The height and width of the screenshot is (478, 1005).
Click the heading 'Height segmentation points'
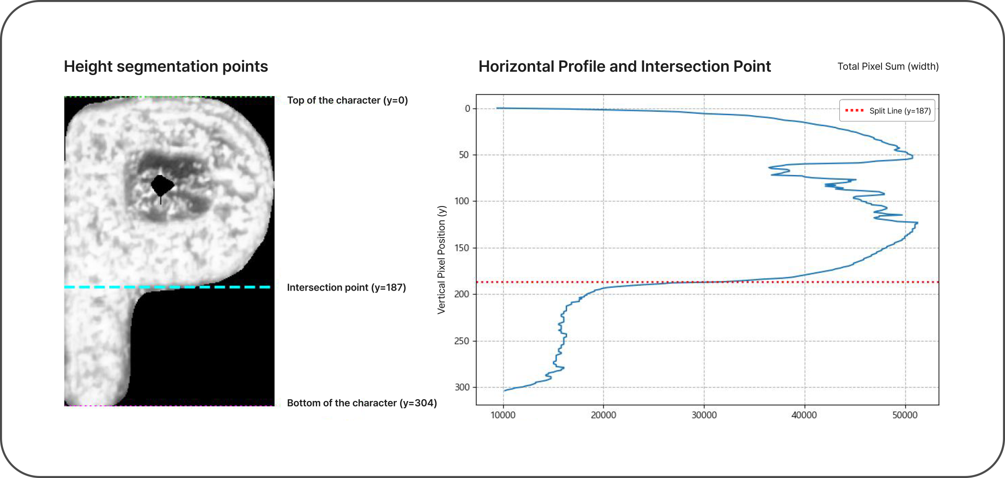click(x=166, y=66)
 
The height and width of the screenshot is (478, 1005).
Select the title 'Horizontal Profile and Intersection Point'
click(x=625, y=66)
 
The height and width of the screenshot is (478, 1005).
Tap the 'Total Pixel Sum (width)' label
click(x=888, y=66)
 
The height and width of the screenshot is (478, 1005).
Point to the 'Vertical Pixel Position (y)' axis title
click(x=441, y=260)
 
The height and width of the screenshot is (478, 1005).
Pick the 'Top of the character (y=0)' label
click(x=347, y=100)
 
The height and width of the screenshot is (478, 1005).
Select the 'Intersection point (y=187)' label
click(x=346, y=287)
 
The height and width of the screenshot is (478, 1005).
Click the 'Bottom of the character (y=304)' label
click(x=362, y=403)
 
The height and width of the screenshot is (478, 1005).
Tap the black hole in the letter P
click(x=162, y=185)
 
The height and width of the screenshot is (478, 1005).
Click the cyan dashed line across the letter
click(x=167, y=287)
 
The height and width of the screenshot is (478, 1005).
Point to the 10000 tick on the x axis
click(x=503, y=415)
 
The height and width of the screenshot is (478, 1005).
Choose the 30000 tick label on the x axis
click(x=704, y=415)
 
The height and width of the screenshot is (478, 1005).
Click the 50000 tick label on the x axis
click(x=904, y=415)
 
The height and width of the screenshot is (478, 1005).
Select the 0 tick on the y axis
click(x=468, y=109)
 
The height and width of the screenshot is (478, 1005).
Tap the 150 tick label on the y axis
click(x=462, y=248)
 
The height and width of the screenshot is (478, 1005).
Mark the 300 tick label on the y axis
click(x=462, y=387)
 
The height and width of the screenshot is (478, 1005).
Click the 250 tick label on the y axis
click(x=462, y=341)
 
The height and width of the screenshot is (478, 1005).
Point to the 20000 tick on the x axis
click(x=603, y=415)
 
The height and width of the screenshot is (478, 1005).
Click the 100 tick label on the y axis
click(x=462, y=201)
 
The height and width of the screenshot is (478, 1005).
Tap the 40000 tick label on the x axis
click(x=804, y=415)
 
